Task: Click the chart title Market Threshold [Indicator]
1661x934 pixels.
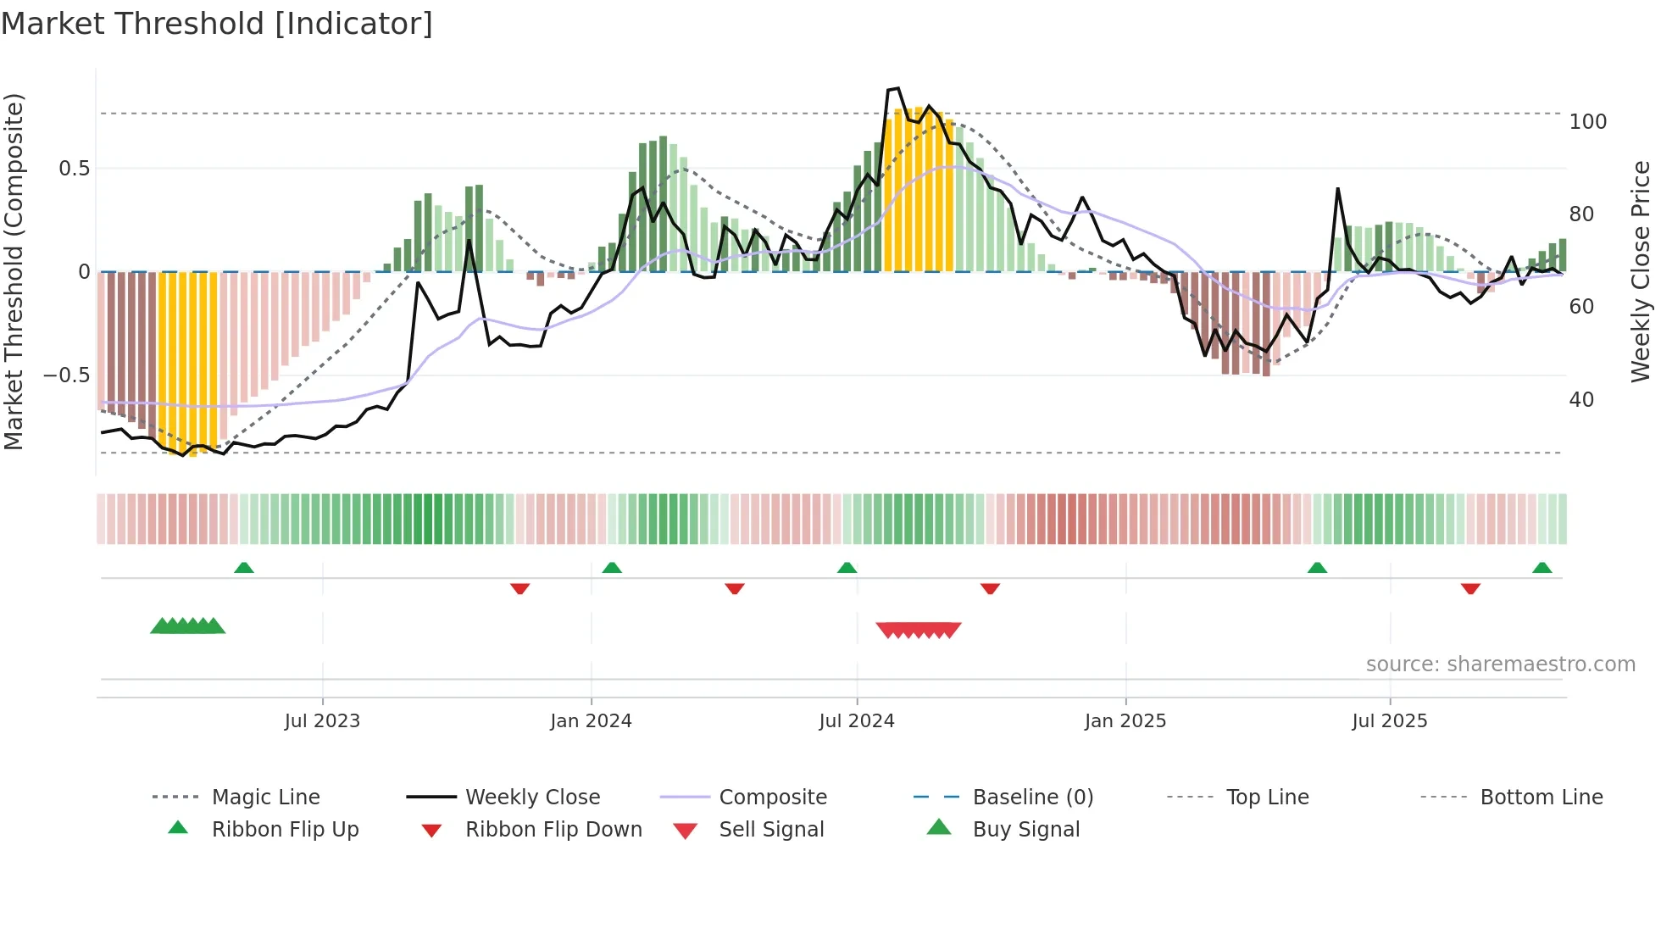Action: pyautogui.click(x=217, y=24)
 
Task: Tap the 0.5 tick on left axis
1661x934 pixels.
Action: pyautogui.click(x=74, y=169)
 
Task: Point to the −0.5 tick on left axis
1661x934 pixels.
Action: pyautogui.click(x=66, y=375)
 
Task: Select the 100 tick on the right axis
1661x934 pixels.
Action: pyautogui.click(x=1587, y=122)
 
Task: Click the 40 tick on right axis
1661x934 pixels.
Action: pyautogui.click(x=1580, y=400)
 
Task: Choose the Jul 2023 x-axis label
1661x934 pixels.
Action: pyautogui.click(x=322, y=721)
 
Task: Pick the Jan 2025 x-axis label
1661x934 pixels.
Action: pyautogui.click(x=1125, y=721)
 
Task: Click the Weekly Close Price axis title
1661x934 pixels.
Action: pyautogui.click(x=1641, y=271)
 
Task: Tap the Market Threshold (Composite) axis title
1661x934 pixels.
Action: pyautogui.click(x=14, y=271)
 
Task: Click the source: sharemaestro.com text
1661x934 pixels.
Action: pyautogui.click(x=1500, y=664)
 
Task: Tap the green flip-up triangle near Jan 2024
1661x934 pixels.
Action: pyautogui.click(x=612, y=568)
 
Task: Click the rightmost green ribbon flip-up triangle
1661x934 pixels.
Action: pyautogui.click(x=1542, y=568)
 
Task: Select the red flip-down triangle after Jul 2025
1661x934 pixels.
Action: pyautogui.click(x=1470, y=588)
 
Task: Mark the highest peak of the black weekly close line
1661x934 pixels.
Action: pyautogui.click(x=897, y=88)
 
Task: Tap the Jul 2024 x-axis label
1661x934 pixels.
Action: pyautogui.click(x=856, y=721)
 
